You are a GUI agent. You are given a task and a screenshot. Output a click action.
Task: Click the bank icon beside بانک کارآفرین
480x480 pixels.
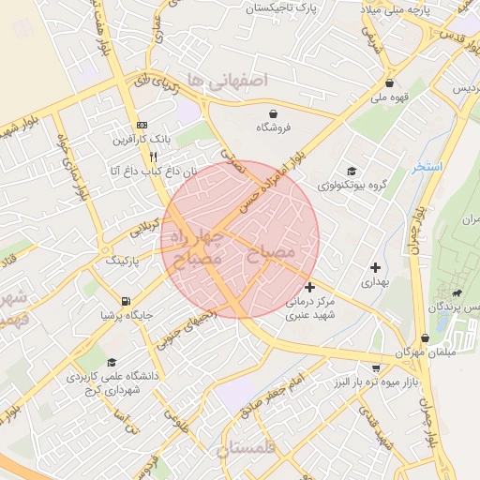point(142,125)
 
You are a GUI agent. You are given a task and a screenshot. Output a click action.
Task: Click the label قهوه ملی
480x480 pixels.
point(391,97)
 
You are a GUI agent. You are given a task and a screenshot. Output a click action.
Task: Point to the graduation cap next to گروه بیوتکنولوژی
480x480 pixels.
point(352,171)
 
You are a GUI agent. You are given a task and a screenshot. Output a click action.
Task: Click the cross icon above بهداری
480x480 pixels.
point(375,267)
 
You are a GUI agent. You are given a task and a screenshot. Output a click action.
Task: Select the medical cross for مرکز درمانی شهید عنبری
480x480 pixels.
point(310,287)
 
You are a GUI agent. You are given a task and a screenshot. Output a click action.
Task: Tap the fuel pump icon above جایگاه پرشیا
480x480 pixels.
point(126,301)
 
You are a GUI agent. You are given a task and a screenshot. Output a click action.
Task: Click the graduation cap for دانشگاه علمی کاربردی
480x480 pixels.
point(112,363)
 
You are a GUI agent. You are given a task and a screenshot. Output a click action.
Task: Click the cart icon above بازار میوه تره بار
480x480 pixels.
point(376,368)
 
